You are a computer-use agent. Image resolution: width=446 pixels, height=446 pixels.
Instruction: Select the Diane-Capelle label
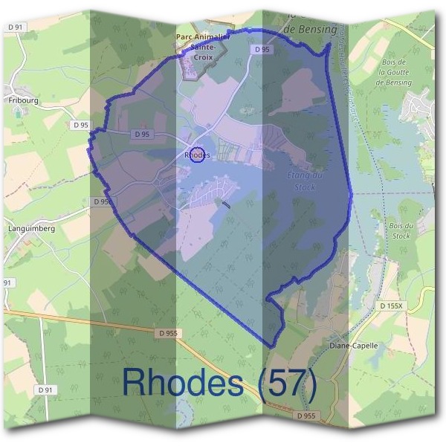[353, 346]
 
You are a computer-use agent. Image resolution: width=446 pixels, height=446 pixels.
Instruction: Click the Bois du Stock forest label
[400, 230]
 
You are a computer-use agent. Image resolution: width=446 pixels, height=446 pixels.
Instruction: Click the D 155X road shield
[392, 306]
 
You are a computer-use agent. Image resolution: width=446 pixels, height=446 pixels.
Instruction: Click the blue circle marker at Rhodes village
[196, 155]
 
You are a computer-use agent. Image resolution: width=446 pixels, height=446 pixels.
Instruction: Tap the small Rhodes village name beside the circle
[198, 155]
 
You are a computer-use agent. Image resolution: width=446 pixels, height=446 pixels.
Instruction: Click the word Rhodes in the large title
[182, 381]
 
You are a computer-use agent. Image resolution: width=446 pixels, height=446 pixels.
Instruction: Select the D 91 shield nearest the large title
[45, 389]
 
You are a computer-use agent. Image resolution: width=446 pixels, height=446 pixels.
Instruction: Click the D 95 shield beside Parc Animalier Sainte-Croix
[260, 49]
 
